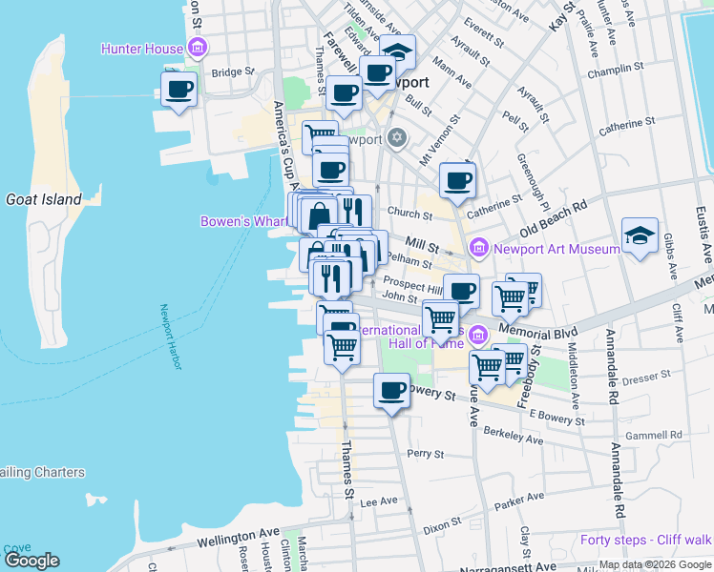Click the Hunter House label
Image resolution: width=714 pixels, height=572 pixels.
tap(143, 48)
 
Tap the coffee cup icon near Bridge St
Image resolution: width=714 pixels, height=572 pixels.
tap(178, 91)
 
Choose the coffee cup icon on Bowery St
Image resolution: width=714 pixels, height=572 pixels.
tap(390, 390)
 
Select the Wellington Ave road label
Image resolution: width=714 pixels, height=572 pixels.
tap(238, 538)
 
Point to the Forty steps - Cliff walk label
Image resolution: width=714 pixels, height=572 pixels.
tap(645, 541)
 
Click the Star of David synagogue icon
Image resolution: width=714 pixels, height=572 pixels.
tap(398, 139)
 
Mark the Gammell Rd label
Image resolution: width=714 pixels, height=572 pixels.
tap(656, 435)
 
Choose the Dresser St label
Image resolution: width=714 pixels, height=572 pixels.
tap(646, 378)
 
